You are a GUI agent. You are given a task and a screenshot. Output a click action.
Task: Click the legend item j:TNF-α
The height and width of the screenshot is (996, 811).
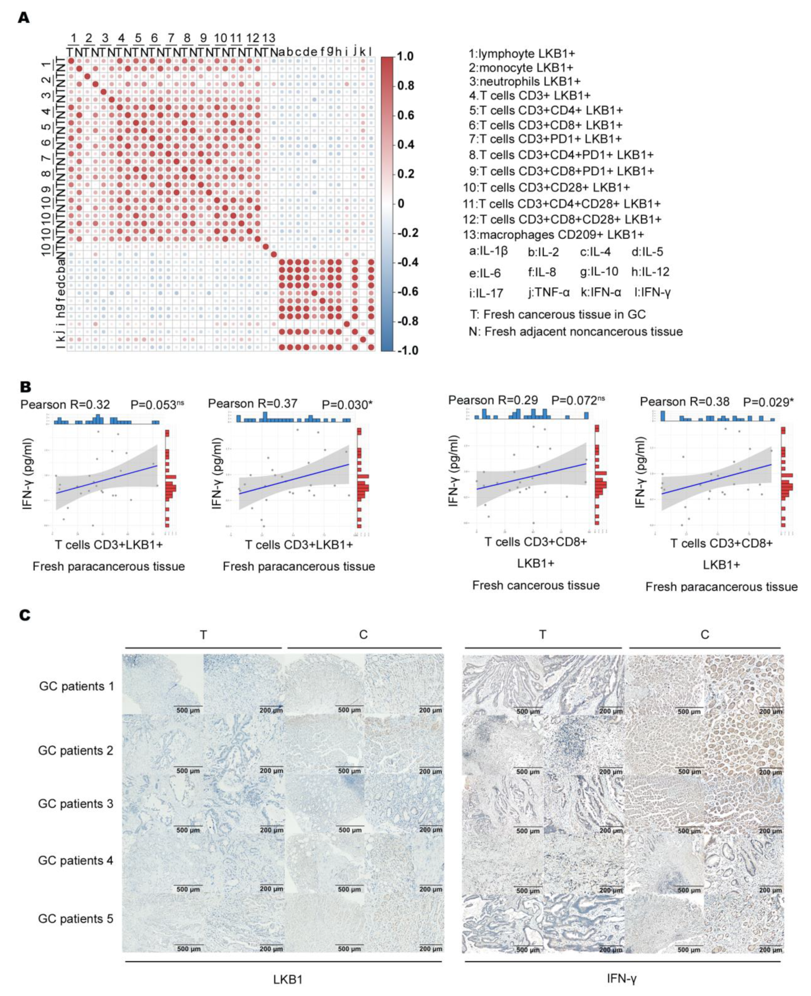click(549, 293)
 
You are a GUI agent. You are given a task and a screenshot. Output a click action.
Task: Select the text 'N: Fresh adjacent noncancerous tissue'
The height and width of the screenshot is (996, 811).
click(575, 331)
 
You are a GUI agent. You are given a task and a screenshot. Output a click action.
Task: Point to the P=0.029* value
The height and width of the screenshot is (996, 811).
click(768, 402)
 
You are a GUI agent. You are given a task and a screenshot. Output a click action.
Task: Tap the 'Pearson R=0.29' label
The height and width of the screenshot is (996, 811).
click(493, 400)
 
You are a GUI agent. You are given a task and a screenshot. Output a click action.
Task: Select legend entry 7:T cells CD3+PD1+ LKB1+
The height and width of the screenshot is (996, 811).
click(545, 139)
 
